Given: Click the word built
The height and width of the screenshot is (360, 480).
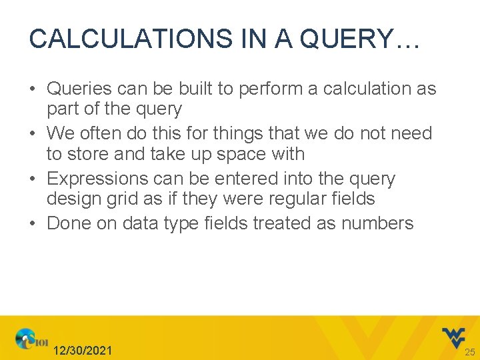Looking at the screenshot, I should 189,89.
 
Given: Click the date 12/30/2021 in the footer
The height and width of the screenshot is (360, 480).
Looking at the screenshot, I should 83,351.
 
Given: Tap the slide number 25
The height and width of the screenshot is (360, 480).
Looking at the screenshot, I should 470,351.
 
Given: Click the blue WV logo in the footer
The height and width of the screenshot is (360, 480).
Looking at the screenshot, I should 454,337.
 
